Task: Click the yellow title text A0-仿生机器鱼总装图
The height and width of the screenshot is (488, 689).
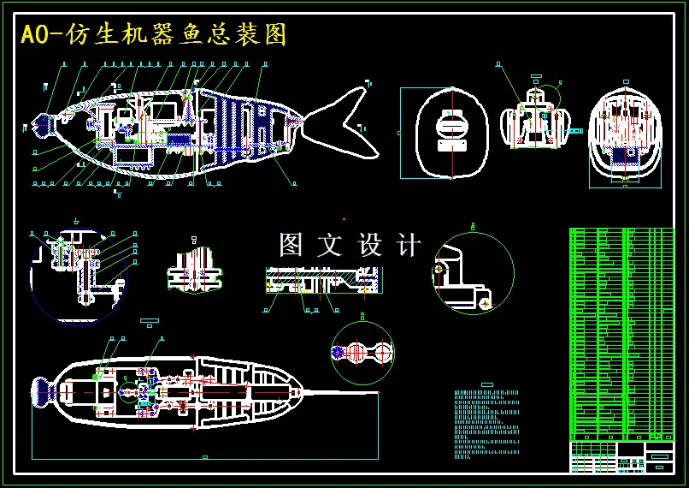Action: (154, 35)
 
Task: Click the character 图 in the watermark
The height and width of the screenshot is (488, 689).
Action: (291, 246)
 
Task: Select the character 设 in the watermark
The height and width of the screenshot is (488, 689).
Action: (370, 246)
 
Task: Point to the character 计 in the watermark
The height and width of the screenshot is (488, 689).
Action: (409, 246)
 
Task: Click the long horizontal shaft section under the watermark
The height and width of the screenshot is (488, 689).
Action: (321, 279)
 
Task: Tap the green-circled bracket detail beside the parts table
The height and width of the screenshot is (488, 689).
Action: (473, 273)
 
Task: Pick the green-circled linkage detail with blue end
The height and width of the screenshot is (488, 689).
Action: (362, 352)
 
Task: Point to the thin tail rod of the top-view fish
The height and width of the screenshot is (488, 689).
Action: (342, 393)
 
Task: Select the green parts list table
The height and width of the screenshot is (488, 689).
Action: (621, 334)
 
